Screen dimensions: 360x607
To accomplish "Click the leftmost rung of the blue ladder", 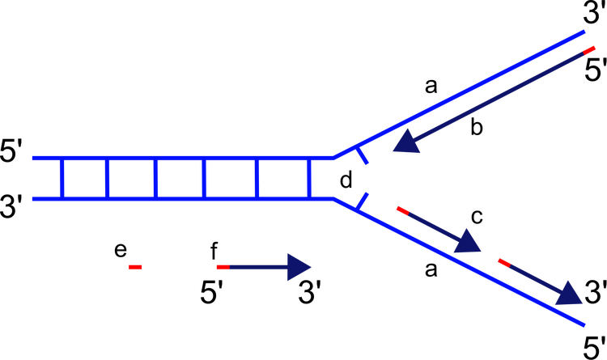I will [61, 179].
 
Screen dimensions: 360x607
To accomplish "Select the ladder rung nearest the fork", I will [309, 179].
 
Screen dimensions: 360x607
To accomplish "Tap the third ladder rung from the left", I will [156, 179].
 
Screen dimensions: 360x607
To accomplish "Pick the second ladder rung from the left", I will [106, 179].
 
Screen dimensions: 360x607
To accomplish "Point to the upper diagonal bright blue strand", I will [461, 92].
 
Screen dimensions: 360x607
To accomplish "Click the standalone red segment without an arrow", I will [135, 267].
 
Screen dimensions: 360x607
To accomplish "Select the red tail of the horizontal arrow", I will [223, 267].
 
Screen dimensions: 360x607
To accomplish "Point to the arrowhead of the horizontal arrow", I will [299, 267].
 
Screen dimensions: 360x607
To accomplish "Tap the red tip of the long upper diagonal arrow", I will [589, 51].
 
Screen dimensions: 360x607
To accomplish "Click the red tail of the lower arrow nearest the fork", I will [401, 210].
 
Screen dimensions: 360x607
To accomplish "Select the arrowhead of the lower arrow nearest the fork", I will [468, 242].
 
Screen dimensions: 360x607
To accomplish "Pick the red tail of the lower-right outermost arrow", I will [503, 262].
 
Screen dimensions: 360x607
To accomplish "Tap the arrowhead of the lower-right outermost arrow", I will [570, 294].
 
